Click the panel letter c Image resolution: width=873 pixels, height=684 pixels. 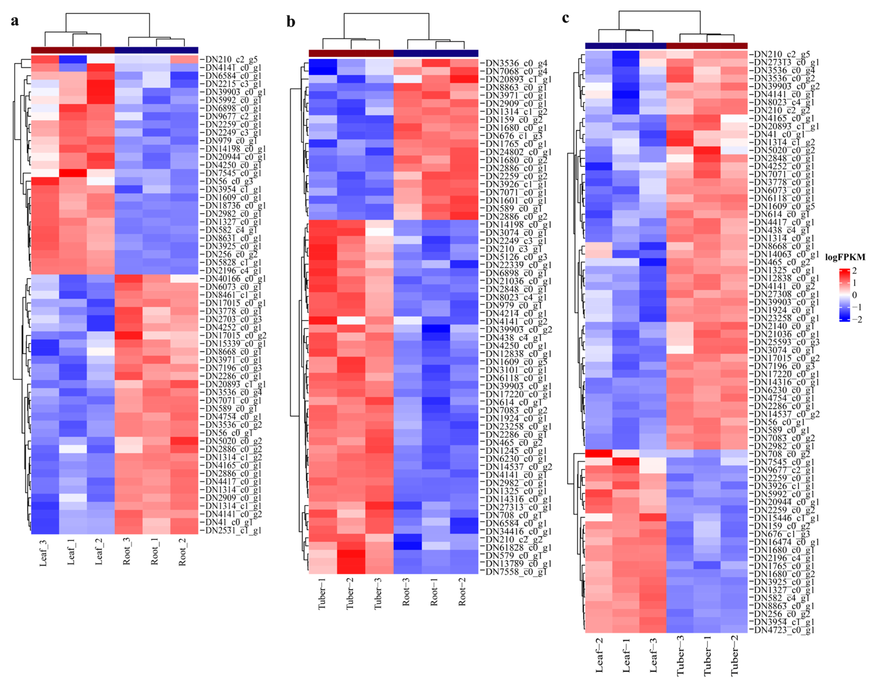[566, 18]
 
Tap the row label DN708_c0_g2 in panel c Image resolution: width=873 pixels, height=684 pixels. [781, 454]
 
